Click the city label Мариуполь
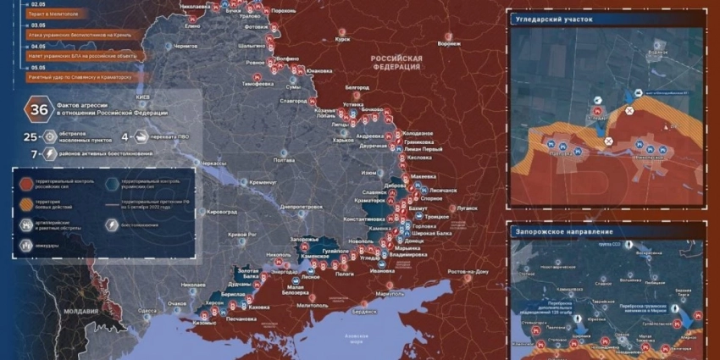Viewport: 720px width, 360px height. pos(390,293)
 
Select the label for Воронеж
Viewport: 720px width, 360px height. pos(449,43)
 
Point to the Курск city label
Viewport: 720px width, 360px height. pos(343,39)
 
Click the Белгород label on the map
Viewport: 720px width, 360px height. pos(357,87)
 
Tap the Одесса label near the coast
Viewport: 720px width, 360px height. pos(147,311)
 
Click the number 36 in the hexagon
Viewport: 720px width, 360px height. pos(39,109)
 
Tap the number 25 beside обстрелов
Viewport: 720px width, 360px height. pos(30,136)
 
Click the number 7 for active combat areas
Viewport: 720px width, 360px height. pos(33,154)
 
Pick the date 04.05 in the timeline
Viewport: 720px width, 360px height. pos(26,47)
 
